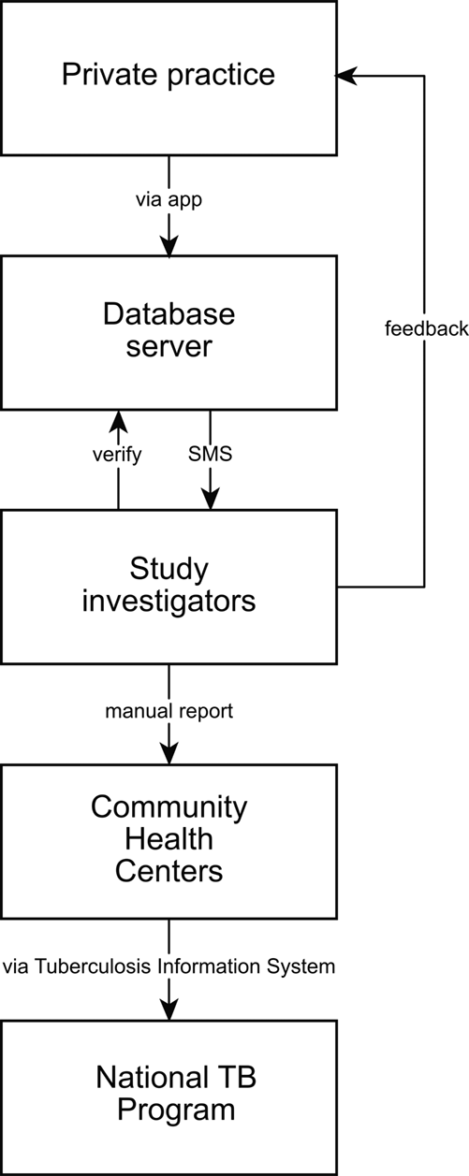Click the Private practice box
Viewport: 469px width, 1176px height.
[169, 78]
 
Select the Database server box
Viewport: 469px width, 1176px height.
[169, 332]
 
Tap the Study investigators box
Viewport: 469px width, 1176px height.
[169, 587]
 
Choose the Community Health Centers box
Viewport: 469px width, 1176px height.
[169, 841]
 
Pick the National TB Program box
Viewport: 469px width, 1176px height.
[169, 1097]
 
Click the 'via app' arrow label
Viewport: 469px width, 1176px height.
[169, 200]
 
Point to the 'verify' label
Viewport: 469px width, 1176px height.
[117, 455]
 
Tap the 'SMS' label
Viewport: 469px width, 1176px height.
[210, 454]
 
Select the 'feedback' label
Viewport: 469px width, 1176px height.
[427, 328]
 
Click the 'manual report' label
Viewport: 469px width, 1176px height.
[169, 711]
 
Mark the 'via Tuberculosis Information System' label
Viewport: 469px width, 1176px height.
[169, 966]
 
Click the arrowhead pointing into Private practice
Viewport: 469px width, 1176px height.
[346, 76]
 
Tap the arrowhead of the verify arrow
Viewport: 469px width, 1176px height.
[118, 421]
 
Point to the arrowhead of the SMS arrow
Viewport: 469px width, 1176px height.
[210, 499]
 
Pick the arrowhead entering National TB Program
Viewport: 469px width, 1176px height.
[169, 1009]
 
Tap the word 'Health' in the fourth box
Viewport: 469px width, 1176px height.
[169, 838]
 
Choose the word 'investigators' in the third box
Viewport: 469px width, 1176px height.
[169, 603]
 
